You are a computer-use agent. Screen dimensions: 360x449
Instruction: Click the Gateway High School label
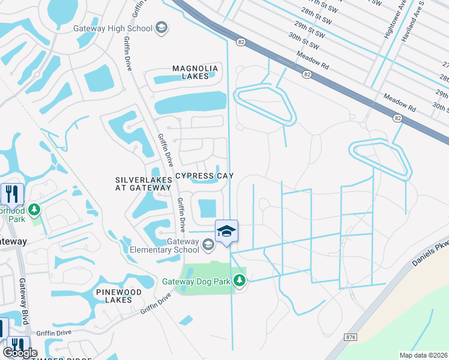[112, 28]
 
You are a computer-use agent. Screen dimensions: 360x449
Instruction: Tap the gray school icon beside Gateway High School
[160, 28]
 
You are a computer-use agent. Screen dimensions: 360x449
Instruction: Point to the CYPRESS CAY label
[203, 176]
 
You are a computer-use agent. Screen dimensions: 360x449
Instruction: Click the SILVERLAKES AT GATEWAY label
[143, 184]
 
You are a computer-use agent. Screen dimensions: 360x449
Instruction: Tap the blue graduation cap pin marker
[226, 231]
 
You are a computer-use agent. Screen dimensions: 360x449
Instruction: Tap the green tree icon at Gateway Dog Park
[240, 280]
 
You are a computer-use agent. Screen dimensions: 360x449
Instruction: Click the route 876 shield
[351, 338]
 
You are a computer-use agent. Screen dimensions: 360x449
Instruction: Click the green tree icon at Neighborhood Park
[34, 209]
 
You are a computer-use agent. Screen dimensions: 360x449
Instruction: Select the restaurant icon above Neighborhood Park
[12, 194]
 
